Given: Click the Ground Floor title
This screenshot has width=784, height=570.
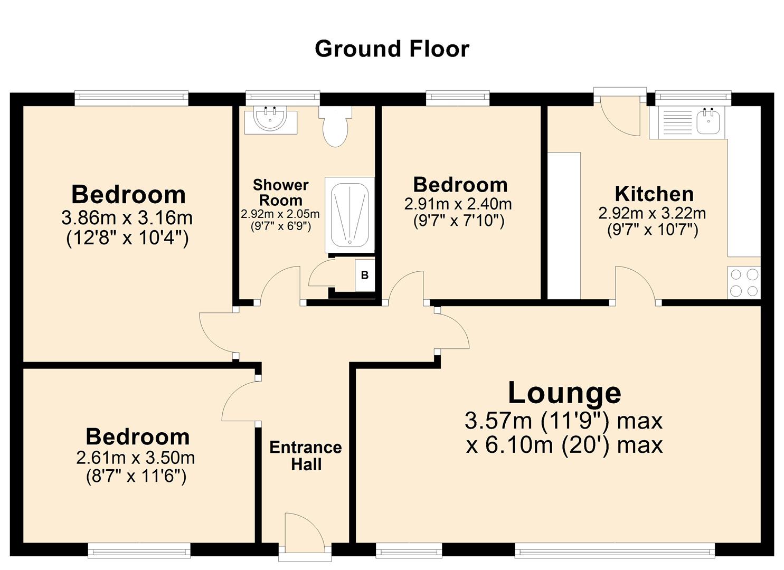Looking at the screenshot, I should point(392,49).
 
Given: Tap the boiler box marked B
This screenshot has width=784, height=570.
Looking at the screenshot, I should point(364,275).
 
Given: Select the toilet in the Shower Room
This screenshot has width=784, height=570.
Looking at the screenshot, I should point(335,127).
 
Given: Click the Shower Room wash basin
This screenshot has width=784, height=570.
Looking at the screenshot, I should point(270,120).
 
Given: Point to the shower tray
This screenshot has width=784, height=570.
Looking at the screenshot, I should point(349,214).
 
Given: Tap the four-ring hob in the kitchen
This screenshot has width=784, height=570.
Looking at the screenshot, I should point(744,283).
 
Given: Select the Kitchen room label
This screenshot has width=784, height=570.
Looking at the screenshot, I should point(654,194).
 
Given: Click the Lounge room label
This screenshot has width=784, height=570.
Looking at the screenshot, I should point(564,393).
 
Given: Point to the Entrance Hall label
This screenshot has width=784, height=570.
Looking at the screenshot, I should point(306,456).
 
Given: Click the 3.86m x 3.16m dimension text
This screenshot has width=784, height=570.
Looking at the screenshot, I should point(127,217).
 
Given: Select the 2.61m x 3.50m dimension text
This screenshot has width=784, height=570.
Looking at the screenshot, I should point(136,458).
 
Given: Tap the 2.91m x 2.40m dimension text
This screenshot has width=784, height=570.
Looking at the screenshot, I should point(458,204).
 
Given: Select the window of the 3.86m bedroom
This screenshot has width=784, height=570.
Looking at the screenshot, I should point(131,97).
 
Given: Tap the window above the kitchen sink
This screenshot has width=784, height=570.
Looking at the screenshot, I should point(693,97).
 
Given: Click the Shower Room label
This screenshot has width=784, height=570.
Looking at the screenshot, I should point(280,193).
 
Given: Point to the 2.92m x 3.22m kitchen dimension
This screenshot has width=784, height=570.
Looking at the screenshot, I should point(652,213).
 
